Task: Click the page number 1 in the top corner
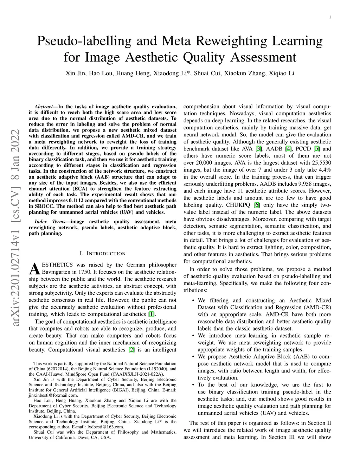point(330,17)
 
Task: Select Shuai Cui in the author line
point(206,74)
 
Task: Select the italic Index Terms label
point(50,222)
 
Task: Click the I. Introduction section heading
point(102,254)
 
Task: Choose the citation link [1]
point(151,314)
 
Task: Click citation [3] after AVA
point(259,149)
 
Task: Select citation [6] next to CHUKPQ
point(257,205)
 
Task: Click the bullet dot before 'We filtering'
point(193,301)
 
